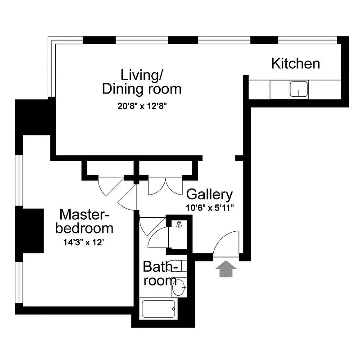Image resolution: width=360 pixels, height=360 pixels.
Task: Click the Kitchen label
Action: (295, 63)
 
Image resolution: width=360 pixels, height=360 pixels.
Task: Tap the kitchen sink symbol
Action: (298, 89)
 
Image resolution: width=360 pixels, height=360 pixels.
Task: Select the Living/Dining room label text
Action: (142, 81)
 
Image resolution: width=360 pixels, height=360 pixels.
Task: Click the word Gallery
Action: (209, 194)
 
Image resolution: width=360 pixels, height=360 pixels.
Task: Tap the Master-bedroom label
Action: (84, 220)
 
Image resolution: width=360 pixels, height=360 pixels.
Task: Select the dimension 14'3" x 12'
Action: (84, 242)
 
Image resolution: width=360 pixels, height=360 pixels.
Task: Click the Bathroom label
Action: (160, 274)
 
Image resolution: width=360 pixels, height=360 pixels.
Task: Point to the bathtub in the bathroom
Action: (159, 310)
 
